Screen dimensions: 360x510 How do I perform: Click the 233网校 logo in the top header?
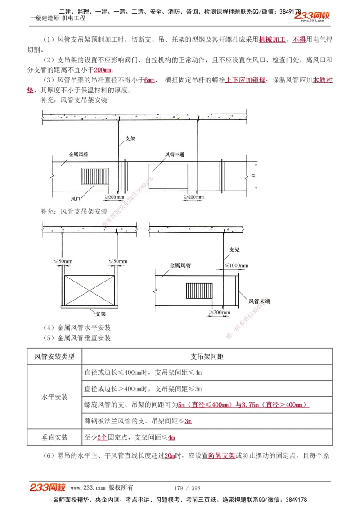[x=312, y=16]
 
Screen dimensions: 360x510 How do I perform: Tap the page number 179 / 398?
[x=187, y=488]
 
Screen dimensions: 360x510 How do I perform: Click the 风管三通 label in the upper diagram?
[x=175, y=155]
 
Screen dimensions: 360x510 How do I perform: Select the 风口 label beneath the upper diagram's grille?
[x=76, y=199]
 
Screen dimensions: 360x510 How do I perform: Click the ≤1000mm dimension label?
[x=237, y=265]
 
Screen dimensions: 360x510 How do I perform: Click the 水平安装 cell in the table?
[x=54, y=397]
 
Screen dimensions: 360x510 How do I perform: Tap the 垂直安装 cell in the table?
[x=54, y=437]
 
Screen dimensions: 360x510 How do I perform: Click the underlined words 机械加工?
[x=272, y=40]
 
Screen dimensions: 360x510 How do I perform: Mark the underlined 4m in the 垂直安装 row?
[x=171, y=437]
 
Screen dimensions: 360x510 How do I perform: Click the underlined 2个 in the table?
[x=102, y=437]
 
